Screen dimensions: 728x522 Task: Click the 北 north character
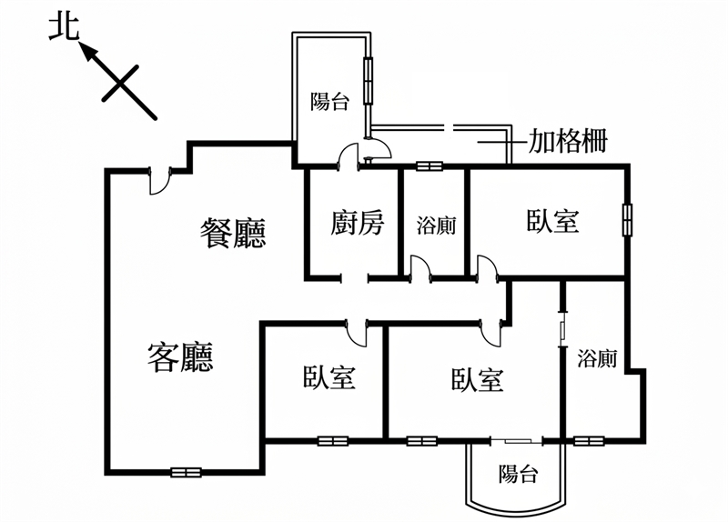(x=65, y=28)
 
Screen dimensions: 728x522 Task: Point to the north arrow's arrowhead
(x=88, y=52)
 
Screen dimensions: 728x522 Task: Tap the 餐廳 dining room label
(x=233, y=233)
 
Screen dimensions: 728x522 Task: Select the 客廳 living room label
(x=180, y=356)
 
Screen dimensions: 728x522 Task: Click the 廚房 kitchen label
(x=358, y=223)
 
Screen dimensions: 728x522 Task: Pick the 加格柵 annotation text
(x=568, y=141)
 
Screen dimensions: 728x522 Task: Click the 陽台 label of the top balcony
(x=329, y=101)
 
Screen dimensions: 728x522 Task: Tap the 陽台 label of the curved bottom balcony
(x=518, y=474)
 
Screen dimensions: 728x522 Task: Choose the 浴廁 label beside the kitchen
(x=436, y=226)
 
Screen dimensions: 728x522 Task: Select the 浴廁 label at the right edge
(x=597, y=358)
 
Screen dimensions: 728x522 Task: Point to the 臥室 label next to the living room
(x=329, y=376)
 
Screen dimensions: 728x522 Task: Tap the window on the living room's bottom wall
(x=186, y=472)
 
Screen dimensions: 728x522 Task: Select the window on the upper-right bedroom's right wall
(x=627, y=220)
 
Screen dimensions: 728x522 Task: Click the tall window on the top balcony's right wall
(x=369, y=81)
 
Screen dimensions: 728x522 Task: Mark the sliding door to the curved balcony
(x=517, y=440)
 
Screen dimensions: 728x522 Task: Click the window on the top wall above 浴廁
(x=429, y=166)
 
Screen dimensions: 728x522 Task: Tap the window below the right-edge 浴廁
(x=589, y=441)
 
